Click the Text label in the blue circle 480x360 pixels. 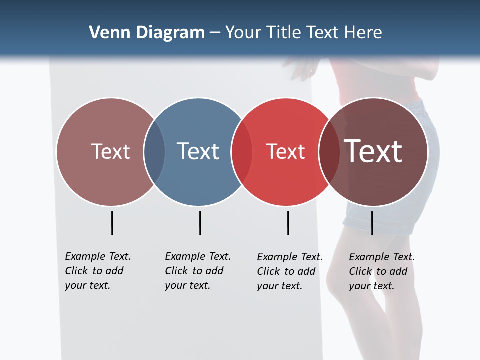tap(198, 151)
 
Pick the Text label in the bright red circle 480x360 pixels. tap(285, 152)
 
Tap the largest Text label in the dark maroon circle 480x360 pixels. tap(373, 151)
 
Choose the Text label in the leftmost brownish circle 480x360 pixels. tap(110, 151)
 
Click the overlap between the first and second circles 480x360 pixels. tap(154, 152)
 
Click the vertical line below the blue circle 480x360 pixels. tap(200, 223)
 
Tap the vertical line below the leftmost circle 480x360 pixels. tap(112, 223)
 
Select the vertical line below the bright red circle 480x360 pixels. tap(288, 223)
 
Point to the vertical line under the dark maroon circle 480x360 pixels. tap(372, 223)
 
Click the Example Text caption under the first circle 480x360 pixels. tap(98, 271)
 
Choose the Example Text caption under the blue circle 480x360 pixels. tap(198, 271)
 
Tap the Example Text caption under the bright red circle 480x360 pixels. tap(290, 271)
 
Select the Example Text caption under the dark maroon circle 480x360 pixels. tap(382, 271)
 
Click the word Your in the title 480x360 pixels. tap(243, 33)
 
